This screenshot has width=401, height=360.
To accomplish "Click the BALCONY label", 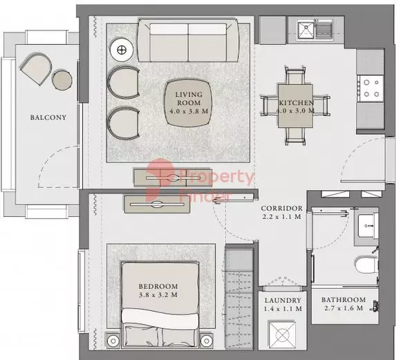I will pos(48,117).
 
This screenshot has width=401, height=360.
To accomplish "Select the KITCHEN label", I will pos(297,103).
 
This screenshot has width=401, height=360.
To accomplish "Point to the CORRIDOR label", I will pos(281,208).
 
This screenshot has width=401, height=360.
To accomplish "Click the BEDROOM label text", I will pos(159,285).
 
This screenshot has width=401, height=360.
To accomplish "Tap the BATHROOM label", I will pos(343,301).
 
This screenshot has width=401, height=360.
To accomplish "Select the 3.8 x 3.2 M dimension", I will pos(159,295).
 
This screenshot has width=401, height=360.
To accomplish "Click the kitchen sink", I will pos(306,29).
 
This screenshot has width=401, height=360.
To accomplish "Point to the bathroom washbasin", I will pos(366,225).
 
